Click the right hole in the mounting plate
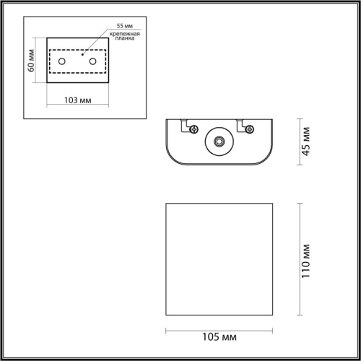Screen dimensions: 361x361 click(92, 63)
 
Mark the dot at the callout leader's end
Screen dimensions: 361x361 click(82, 53)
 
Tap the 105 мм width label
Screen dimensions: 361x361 click(222, 337)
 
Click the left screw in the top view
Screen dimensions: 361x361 click(194, 129)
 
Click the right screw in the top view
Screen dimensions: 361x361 click(249, 129)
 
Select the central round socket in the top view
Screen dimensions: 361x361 click(217, 142)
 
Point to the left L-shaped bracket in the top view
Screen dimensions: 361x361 click(185, 124)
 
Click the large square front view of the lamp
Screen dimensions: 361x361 click(221, 260)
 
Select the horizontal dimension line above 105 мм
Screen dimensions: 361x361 click(221, 331)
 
